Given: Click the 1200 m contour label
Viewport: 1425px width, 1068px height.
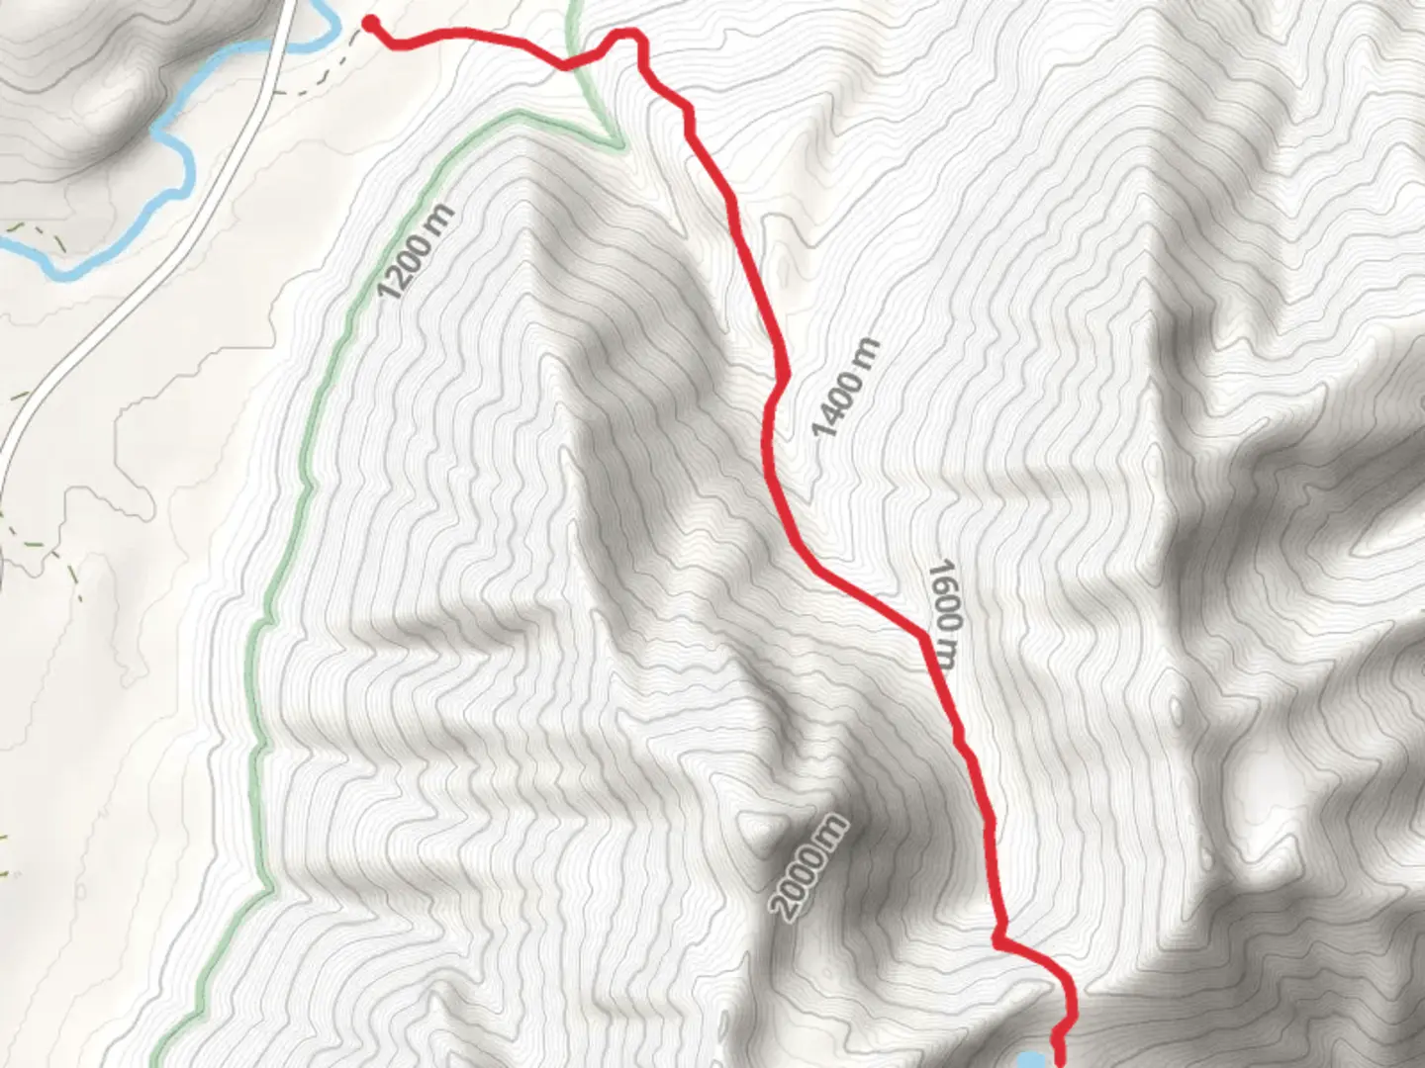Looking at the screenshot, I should (x=416, y=251).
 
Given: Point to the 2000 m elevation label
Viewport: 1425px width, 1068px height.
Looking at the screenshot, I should (x=808, y=867).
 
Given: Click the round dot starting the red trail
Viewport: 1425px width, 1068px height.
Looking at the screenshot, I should (x=371, y=23).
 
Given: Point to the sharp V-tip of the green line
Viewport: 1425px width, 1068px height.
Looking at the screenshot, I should (x=618, y=147).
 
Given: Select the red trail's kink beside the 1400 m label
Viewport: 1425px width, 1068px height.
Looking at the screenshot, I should (x=782, y=377).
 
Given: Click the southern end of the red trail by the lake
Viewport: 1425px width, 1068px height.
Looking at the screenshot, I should (x=1060, y=1061).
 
